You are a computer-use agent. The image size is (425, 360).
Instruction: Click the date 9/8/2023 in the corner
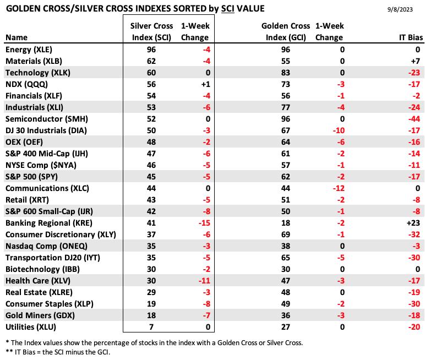coord(400,9)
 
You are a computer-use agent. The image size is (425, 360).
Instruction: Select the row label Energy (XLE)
coord(29,50)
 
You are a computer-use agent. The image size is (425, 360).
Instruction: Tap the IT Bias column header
coord(411,37)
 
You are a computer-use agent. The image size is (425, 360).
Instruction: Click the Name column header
coord(17,37)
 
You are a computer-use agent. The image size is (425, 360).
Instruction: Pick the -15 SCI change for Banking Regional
coord(204,223)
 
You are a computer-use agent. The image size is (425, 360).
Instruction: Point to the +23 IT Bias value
coord(413,223)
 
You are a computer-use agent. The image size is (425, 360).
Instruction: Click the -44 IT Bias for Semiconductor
coord(413,119)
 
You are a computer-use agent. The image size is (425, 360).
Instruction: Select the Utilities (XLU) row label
coord(31,327)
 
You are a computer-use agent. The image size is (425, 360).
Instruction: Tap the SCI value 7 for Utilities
coord(151,327)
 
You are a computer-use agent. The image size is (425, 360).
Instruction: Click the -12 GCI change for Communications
coord(339,188)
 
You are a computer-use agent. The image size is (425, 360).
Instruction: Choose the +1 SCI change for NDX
coord(206,84)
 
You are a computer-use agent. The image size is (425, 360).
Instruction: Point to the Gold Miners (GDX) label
coord(40,315)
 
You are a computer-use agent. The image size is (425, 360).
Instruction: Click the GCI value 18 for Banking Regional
coord(286,223)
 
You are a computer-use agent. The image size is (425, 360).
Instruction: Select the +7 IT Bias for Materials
coord(416,61)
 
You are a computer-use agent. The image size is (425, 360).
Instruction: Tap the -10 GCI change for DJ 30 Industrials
coord(339,130)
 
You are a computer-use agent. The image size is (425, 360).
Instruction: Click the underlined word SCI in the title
coord(228,9)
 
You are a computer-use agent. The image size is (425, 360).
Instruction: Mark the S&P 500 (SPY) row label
coord(31,177)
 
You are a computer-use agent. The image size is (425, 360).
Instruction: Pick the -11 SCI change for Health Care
coord(204,281)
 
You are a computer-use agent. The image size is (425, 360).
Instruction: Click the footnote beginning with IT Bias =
coord(58,352)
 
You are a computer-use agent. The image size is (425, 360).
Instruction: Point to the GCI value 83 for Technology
coord(286,73)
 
